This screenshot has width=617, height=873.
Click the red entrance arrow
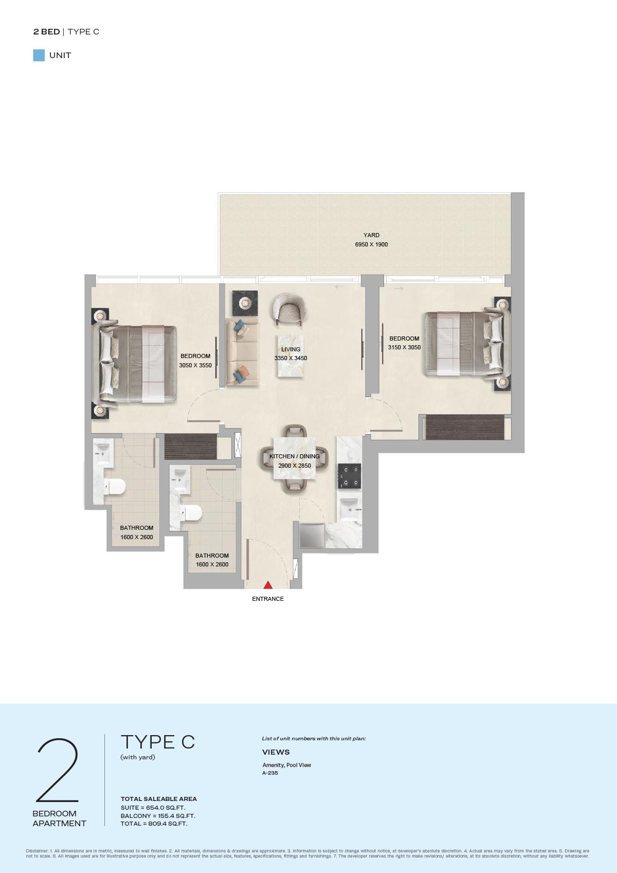268,584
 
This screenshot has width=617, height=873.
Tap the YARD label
371,235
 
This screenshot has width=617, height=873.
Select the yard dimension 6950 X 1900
371,244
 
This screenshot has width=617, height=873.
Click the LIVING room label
291,349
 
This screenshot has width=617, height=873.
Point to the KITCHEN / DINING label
295,456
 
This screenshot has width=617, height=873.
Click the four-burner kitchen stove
349,476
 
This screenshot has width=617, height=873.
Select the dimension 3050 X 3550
195,365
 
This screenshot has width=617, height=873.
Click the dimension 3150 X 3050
404,347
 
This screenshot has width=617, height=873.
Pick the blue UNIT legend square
39,56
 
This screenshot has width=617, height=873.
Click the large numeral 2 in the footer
58,770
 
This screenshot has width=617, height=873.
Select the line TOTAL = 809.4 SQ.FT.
154,824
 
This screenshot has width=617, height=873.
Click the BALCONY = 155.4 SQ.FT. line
158,816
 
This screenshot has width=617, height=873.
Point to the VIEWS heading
276,752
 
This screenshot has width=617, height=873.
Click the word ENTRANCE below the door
267,599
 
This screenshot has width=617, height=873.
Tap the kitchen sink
350,508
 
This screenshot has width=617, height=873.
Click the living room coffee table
291,355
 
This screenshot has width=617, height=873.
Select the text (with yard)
138,757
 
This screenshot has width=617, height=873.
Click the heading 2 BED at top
46,31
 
